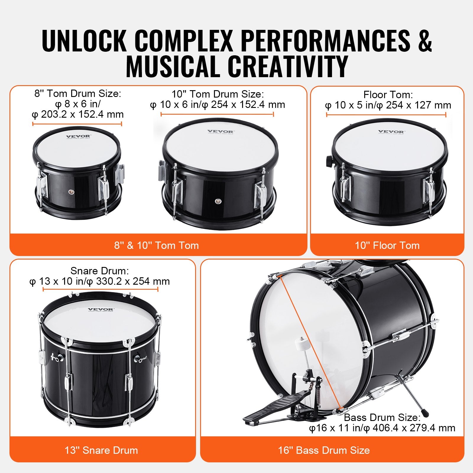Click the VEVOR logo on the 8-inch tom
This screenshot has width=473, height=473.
78,137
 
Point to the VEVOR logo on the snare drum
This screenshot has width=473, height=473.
101,310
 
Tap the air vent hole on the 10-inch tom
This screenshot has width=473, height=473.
218,201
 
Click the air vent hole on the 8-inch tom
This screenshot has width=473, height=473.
71,192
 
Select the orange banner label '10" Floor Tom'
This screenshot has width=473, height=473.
387,245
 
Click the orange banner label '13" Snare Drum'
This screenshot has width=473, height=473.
101,450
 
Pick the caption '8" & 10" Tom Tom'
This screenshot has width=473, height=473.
156,245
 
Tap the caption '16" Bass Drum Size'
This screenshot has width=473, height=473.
324,450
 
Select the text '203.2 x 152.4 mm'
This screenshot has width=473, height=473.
82,114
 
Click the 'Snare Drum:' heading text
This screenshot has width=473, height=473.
100,271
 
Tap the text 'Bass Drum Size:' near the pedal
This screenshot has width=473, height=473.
382,417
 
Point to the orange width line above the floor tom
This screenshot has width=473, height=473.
386,115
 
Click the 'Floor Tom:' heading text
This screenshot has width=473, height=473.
388,95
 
